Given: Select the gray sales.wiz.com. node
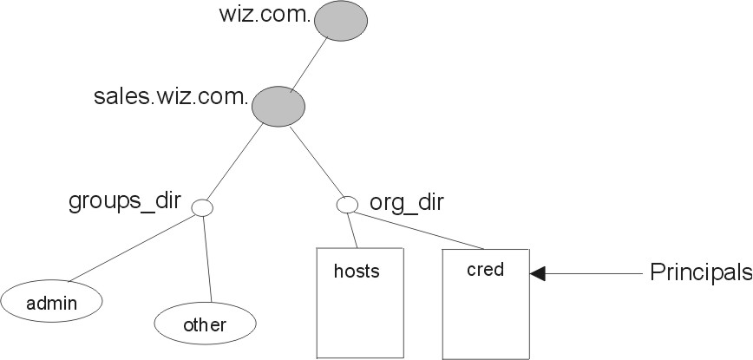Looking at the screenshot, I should click(x=278, y=105).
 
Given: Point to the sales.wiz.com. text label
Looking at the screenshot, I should click(x=171, y=96).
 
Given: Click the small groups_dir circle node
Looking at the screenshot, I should click(x=202, y=206).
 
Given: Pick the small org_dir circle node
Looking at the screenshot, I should click(x=347, y=206).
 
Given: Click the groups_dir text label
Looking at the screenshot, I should click(x=124, y=202).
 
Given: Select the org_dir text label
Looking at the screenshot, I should click(x=407, y=203).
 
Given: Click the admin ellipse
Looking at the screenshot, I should click(x=52, y=303).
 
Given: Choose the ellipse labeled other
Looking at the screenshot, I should click(x=205, y=324).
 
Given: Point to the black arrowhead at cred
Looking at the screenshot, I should click(x=538, y=274).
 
